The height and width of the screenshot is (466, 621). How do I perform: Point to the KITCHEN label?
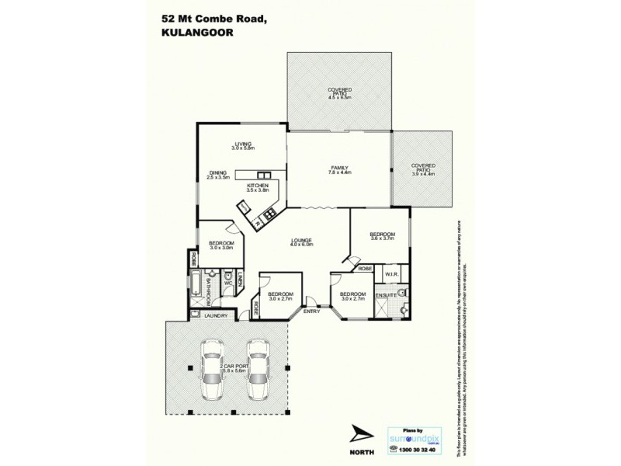[x=258, y=186]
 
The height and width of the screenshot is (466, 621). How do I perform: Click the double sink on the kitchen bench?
[x=263, y=175]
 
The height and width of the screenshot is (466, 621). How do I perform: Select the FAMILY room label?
[x=339, y=168]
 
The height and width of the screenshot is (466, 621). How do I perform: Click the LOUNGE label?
[x=301, y=241]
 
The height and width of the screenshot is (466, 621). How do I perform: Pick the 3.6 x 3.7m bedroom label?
[x=382, y=235]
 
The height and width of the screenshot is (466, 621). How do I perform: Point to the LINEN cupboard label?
[x=241, y=280]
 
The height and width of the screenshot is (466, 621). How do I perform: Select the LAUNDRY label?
[x=216, y=315]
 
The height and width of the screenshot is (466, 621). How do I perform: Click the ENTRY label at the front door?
[x=310, y=311]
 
